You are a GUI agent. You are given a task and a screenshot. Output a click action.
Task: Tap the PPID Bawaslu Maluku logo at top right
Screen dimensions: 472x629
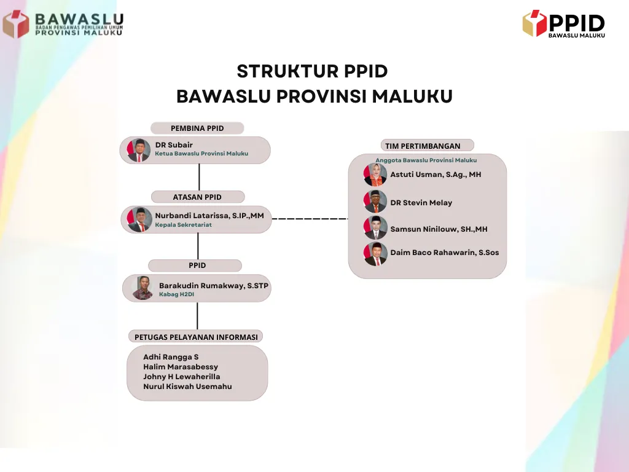point(564,25)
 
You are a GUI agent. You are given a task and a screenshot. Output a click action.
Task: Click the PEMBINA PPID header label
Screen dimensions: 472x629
point(197,128)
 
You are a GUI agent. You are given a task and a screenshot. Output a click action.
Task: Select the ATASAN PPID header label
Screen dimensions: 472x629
point(197,197)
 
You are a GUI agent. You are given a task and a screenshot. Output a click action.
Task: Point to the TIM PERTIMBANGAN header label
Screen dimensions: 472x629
point(423,146)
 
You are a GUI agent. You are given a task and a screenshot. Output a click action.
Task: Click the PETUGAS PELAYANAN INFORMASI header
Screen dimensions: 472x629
point(196,337)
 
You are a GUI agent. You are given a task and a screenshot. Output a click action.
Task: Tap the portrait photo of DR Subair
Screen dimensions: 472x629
point(139,151)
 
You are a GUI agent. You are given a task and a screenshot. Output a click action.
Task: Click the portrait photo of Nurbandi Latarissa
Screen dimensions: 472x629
point(139,219)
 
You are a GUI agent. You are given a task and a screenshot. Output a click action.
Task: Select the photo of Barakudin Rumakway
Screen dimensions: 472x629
point(143,288)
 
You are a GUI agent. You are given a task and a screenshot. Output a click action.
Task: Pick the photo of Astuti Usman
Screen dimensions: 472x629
point(375,175)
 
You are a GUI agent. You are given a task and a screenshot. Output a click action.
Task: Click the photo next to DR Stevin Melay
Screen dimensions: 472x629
point(375,202)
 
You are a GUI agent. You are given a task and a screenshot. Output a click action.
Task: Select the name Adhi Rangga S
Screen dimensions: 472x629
point(171,357)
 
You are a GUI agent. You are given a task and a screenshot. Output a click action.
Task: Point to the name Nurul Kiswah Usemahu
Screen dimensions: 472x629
point(187,387)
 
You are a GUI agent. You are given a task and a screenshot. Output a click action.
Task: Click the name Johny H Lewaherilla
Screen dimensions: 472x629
point(181,377)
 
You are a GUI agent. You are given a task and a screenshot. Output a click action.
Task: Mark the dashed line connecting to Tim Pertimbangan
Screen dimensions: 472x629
point(310,218)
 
